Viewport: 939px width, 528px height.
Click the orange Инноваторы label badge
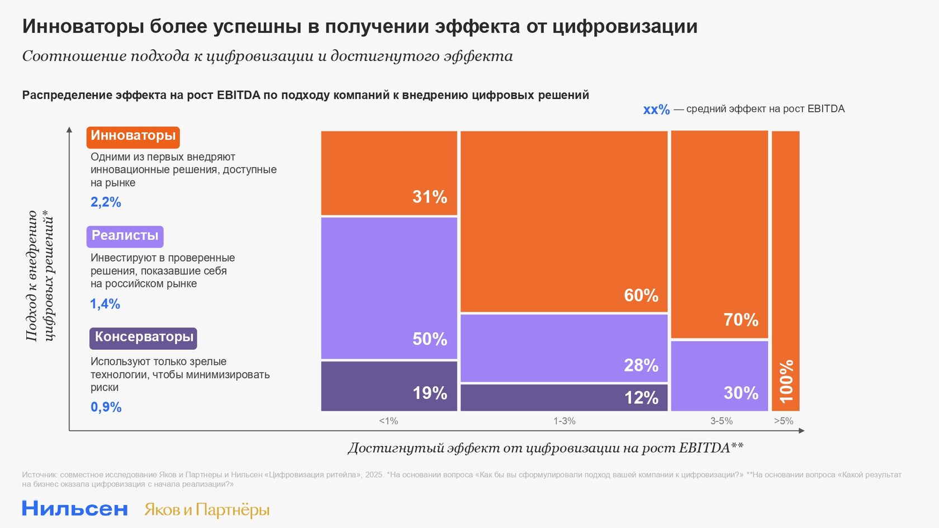(133, 136)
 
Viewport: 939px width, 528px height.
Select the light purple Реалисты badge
(125, 236)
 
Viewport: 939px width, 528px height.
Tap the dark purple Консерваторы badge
(144, 337)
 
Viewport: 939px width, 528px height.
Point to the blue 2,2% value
(106, 202)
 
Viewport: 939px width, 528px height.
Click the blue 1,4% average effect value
(105, 304)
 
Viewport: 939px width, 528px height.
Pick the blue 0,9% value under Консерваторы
(106, 407)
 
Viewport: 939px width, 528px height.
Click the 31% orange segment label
(429, 197)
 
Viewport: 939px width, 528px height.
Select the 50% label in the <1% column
(429, 339)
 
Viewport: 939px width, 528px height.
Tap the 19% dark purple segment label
(429, 393)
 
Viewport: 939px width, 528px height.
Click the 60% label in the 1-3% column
(641, 296)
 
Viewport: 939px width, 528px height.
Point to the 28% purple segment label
(641, 365)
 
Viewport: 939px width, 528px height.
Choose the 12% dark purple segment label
(641, 398)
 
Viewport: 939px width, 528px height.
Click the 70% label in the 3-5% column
(741, 320)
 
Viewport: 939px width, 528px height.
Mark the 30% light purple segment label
(741, 393)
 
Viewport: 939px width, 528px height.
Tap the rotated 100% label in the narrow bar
(786, 382)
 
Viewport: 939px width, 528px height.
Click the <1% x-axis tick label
(388, 421)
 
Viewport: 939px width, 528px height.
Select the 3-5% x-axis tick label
(721, 421)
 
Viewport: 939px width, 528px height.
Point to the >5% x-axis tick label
(784, 421)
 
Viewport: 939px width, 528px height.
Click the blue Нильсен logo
(75, 508)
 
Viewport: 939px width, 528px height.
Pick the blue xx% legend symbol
(656, 110)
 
